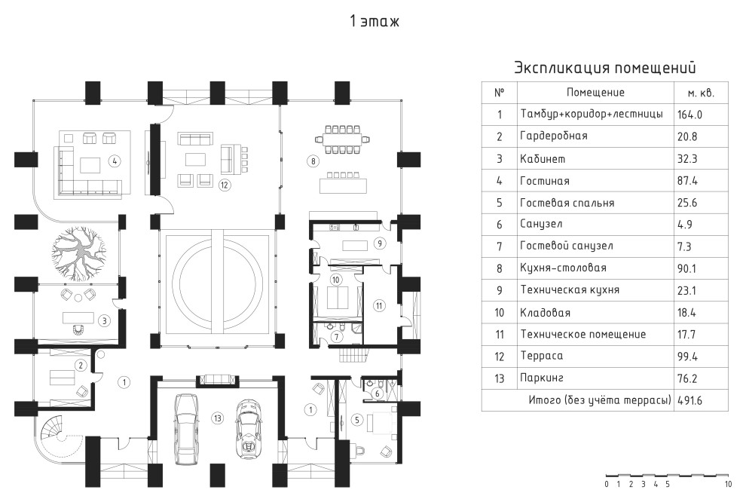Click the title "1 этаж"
374,21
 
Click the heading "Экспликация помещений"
604,68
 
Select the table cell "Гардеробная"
554,136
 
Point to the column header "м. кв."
700,93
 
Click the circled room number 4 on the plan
115,161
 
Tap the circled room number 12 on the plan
224,183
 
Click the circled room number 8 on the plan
312,161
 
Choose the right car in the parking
247,430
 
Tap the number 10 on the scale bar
727,484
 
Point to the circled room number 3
105,320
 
